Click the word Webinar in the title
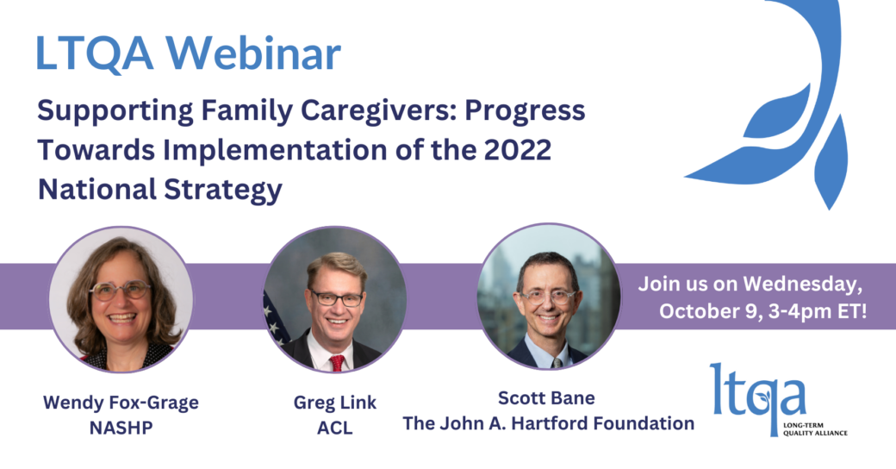pos(253,53)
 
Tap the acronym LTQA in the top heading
pos(95,53)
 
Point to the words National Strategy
pos(160,190)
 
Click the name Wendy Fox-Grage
pos(121,403)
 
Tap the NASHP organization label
pos(121,428)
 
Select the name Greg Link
pos(335,403)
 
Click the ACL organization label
pos(335,428)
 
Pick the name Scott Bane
pos(546,397)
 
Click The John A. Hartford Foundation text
pos(549,423)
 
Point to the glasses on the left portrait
pos(120,291)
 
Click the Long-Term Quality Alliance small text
pos(815,429)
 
